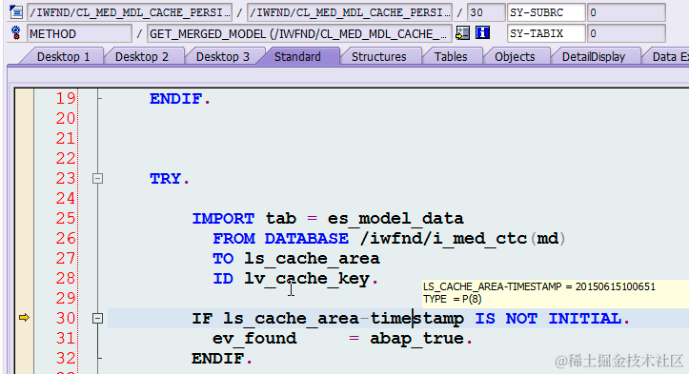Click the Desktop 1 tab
[63, 57]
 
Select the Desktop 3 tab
[223, 57]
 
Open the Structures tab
[378, 57]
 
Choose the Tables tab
[451, 57]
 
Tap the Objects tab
[515, 57]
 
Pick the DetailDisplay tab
[593, 57]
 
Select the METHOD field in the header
[78, 33]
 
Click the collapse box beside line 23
[96, 179]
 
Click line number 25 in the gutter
[65, 219]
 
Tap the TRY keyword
[170, 179]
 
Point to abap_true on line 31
[421, 338]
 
